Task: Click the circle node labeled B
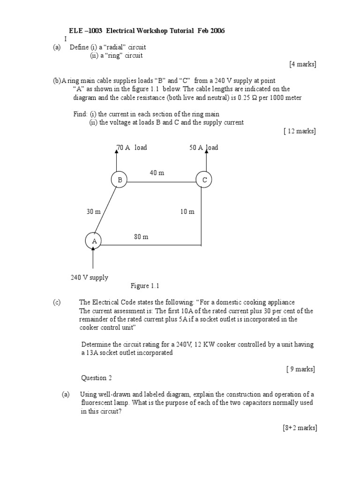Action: [119, 180]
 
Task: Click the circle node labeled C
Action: [204, 180]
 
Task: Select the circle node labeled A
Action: [94, 240]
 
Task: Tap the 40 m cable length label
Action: [157, 173]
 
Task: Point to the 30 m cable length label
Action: [93, 211]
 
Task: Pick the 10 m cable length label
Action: [187, 211]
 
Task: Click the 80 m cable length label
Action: [141, 237]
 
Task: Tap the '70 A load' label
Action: [132, 148]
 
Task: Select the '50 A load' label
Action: [204, 148]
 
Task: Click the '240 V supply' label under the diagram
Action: [90, 277]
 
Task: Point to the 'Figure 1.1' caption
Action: [145, 286]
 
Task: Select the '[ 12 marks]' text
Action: [300, 131]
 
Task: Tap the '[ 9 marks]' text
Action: [300, 369]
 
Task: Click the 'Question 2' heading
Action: [97, 378]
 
